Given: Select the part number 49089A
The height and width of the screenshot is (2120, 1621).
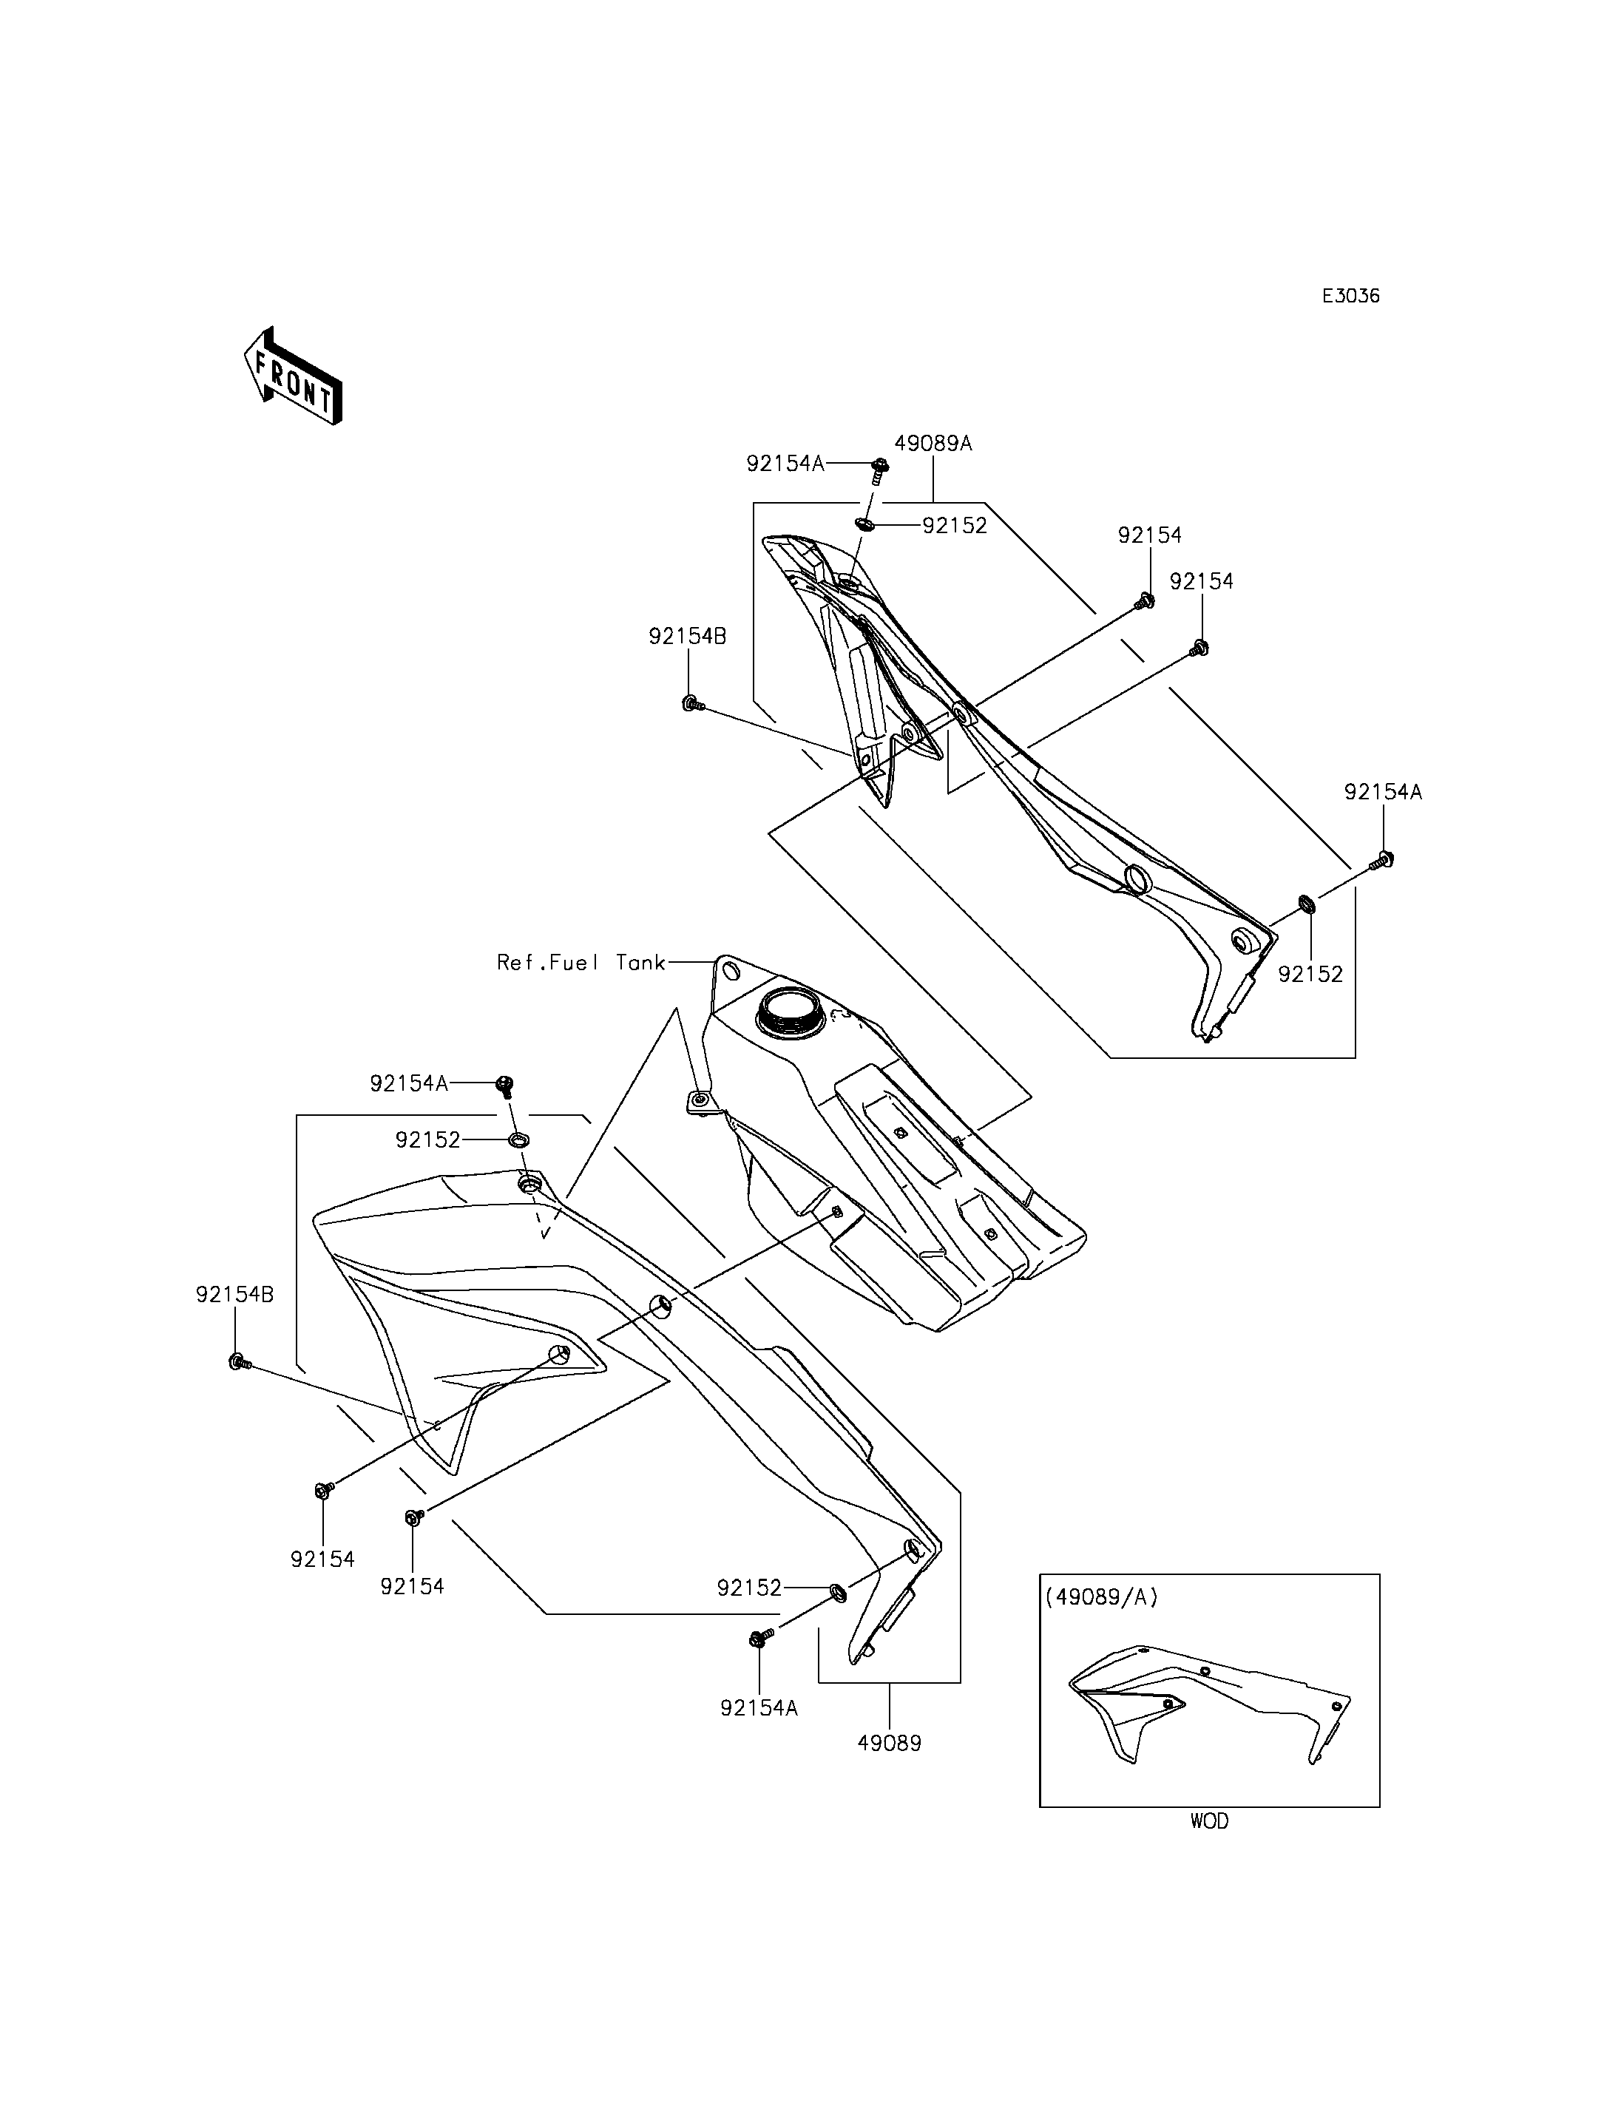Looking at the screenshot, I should coord(932,444).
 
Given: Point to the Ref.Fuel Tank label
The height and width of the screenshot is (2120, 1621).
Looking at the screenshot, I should coord(581,962).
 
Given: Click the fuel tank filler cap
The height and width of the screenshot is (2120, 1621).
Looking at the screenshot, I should coord(791,1012).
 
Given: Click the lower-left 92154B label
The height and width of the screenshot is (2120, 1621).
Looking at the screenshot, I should coord(234,1295).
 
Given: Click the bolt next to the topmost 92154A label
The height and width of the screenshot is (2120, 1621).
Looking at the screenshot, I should coord(879,468).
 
